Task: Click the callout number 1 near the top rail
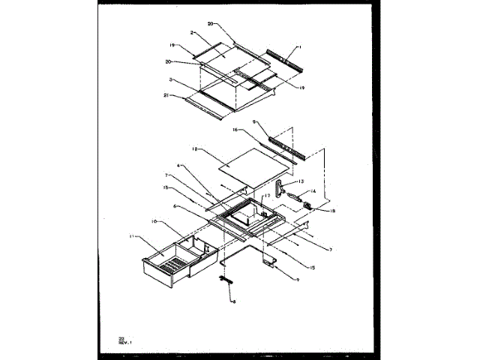pyautogui.click(x=299, y=47)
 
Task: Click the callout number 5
pyautogui.click(x=253, y=121)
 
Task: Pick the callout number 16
pyautogui.click(x=235, y=130)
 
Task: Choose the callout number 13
pyautogui.click(x=302, y=181)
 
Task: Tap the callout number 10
pyautogui.click(x=152, y=221)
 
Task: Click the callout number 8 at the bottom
pyautogui.click(x=233, y=301)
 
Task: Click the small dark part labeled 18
pyautogui.click(x=307, y=203)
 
